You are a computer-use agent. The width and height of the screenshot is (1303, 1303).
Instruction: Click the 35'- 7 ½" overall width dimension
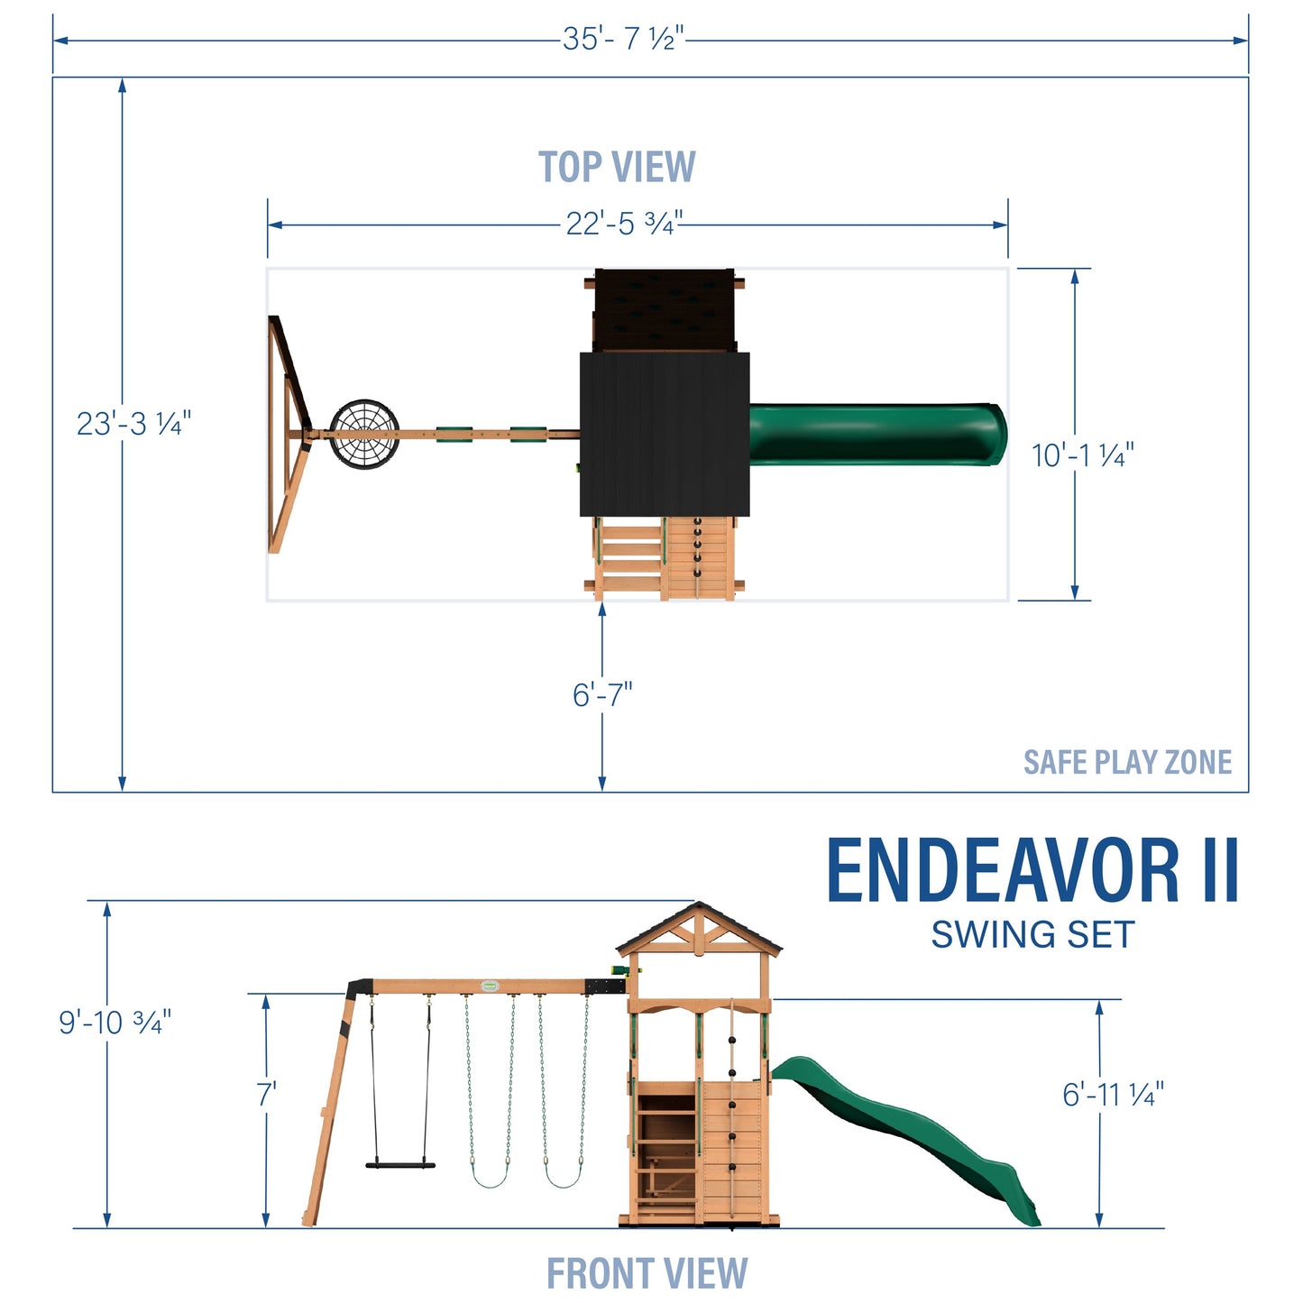tap(623, 39)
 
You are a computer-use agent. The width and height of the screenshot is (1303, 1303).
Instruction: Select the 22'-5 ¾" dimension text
tap(623, 224)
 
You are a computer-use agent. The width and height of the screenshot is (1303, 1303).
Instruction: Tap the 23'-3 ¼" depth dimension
tap(133, 424)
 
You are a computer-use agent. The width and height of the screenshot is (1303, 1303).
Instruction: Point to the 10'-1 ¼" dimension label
tap(1082, 455)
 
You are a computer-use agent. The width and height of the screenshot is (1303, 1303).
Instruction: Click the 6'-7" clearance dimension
tap(602, 695)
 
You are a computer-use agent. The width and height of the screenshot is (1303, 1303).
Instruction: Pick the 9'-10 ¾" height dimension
tap(115, 1023)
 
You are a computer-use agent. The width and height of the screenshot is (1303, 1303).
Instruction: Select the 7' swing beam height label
tap(266, 1095)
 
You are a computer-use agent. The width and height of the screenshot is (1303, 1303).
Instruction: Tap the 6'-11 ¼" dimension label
tap(1113, 1095)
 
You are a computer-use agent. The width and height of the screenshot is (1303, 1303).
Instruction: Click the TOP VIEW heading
tap(617, 168)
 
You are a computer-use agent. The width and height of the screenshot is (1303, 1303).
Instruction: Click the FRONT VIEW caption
tap(647, 1273)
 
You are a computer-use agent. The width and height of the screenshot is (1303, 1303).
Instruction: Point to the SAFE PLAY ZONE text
tap(1127, 763)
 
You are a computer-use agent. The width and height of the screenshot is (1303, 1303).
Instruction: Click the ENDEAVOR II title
tap(1032, 871)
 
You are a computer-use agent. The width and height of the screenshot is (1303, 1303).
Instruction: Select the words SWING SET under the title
tap(1032, 935)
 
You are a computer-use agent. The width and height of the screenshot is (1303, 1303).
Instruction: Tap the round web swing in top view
tap(364, 435)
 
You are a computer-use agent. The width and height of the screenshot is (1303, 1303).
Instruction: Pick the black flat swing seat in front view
tap(400, 1165)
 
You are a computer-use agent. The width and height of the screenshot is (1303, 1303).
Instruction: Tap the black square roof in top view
tap(665, 433)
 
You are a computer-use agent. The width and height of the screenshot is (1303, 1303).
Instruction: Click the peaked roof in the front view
tap(699, 929)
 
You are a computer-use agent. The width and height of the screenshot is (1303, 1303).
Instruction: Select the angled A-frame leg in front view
tap(329, 1109)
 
